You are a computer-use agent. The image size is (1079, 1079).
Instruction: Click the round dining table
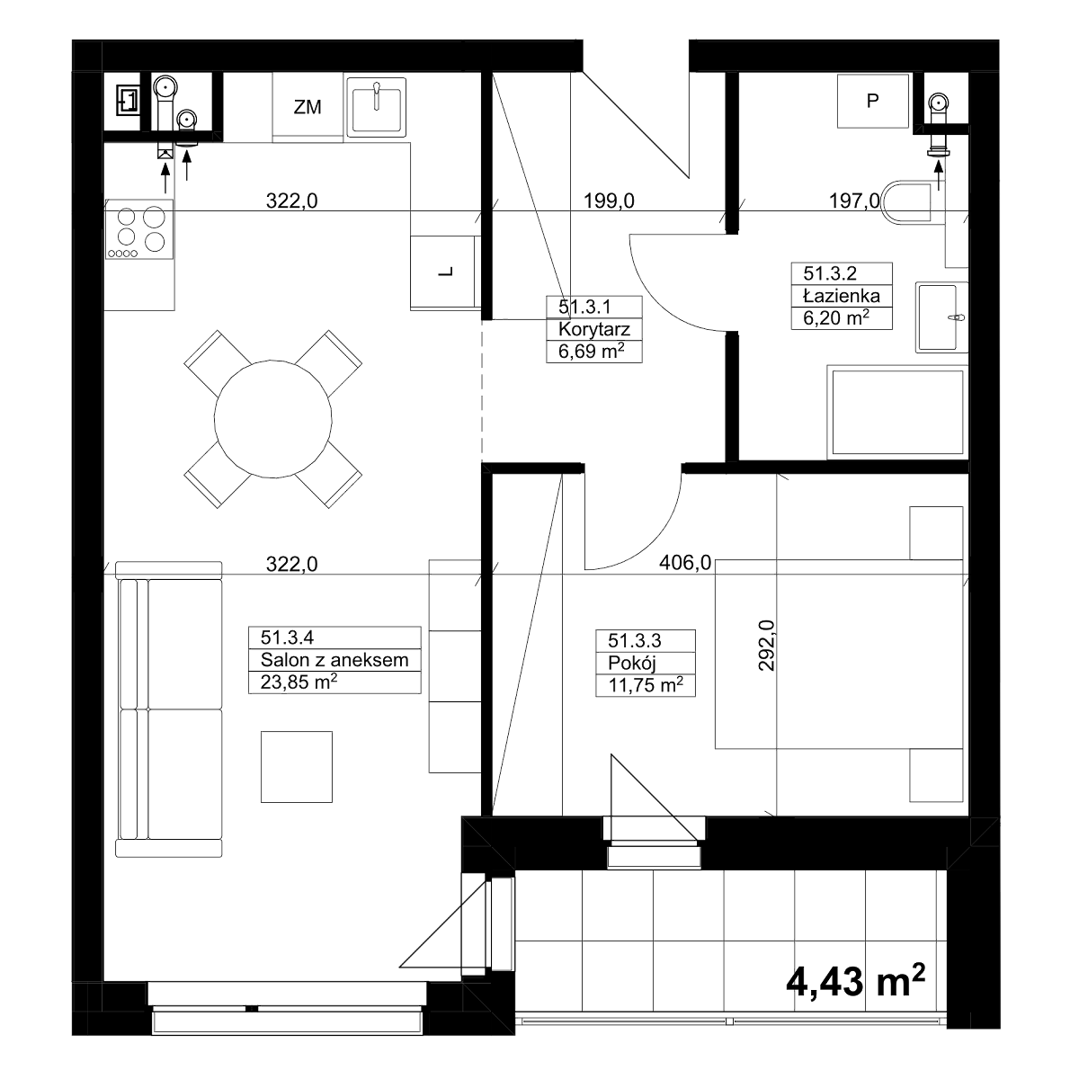tap(272, 419)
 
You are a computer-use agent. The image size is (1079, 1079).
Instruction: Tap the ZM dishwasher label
tap(308, 107)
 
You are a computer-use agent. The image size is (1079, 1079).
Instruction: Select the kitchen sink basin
tap(376, 107)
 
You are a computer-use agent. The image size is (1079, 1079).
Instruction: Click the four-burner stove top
tap(139, 229)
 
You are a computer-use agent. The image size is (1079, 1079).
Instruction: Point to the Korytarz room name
tap(594, 329)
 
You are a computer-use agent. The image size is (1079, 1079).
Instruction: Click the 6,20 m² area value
tap(836, 318)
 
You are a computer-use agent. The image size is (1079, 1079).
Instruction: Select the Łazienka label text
tap(841, 295)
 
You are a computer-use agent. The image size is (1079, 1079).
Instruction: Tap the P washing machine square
tap(872, 101)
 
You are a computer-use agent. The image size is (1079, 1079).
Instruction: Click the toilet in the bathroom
tap(907, 202)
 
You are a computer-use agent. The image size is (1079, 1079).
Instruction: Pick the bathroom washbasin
tap(941, 317)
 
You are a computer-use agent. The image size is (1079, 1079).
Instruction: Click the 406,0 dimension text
tap(685, 562)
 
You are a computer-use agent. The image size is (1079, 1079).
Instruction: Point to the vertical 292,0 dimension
tap(767, 646)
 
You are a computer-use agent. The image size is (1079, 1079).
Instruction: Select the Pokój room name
tap(631, 663)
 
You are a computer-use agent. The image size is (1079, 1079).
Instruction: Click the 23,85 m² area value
tap(299, 682)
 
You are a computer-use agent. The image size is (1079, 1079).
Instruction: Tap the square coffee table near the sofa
tap(296, 767)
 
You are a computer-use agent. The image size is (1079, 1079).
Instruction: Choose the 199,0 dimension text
tap(609, 201)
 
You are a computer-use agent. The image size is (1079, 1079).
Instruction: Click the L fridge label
tap(446, 272)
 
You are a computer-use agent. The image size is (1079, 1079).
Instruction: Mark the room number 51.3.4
tap(287, 638)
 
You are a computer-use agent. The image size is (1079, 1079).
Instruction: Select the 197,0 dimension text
tap(854, 201)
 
